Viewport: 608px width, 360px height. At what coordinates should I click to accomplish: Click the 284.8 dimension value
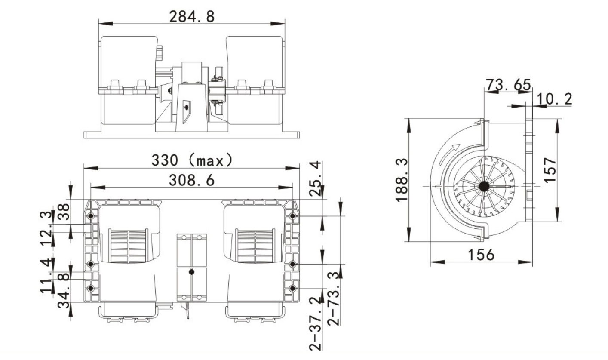click(192, 17)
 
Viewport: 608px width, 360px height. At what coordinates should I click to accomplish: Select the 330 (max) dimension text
click(192, 160)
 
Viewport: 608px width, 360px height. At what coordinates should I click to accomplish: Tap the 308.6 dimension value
click(192, 180)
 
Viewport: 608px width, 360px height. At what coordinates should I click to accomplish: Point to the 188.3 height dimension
click(402, 180)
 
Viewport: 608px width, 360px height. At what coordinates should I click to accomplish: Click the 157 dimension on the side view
click(550, 170)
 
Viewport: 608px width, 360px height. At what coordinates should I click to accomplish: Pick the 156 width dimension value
click(481, 255)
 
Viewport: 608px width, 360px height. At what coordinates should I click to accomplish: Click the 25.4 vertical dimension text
click(316, 178)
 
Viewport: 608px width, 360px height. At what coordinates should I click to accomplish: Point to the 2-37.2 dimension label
click(316, 323)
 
